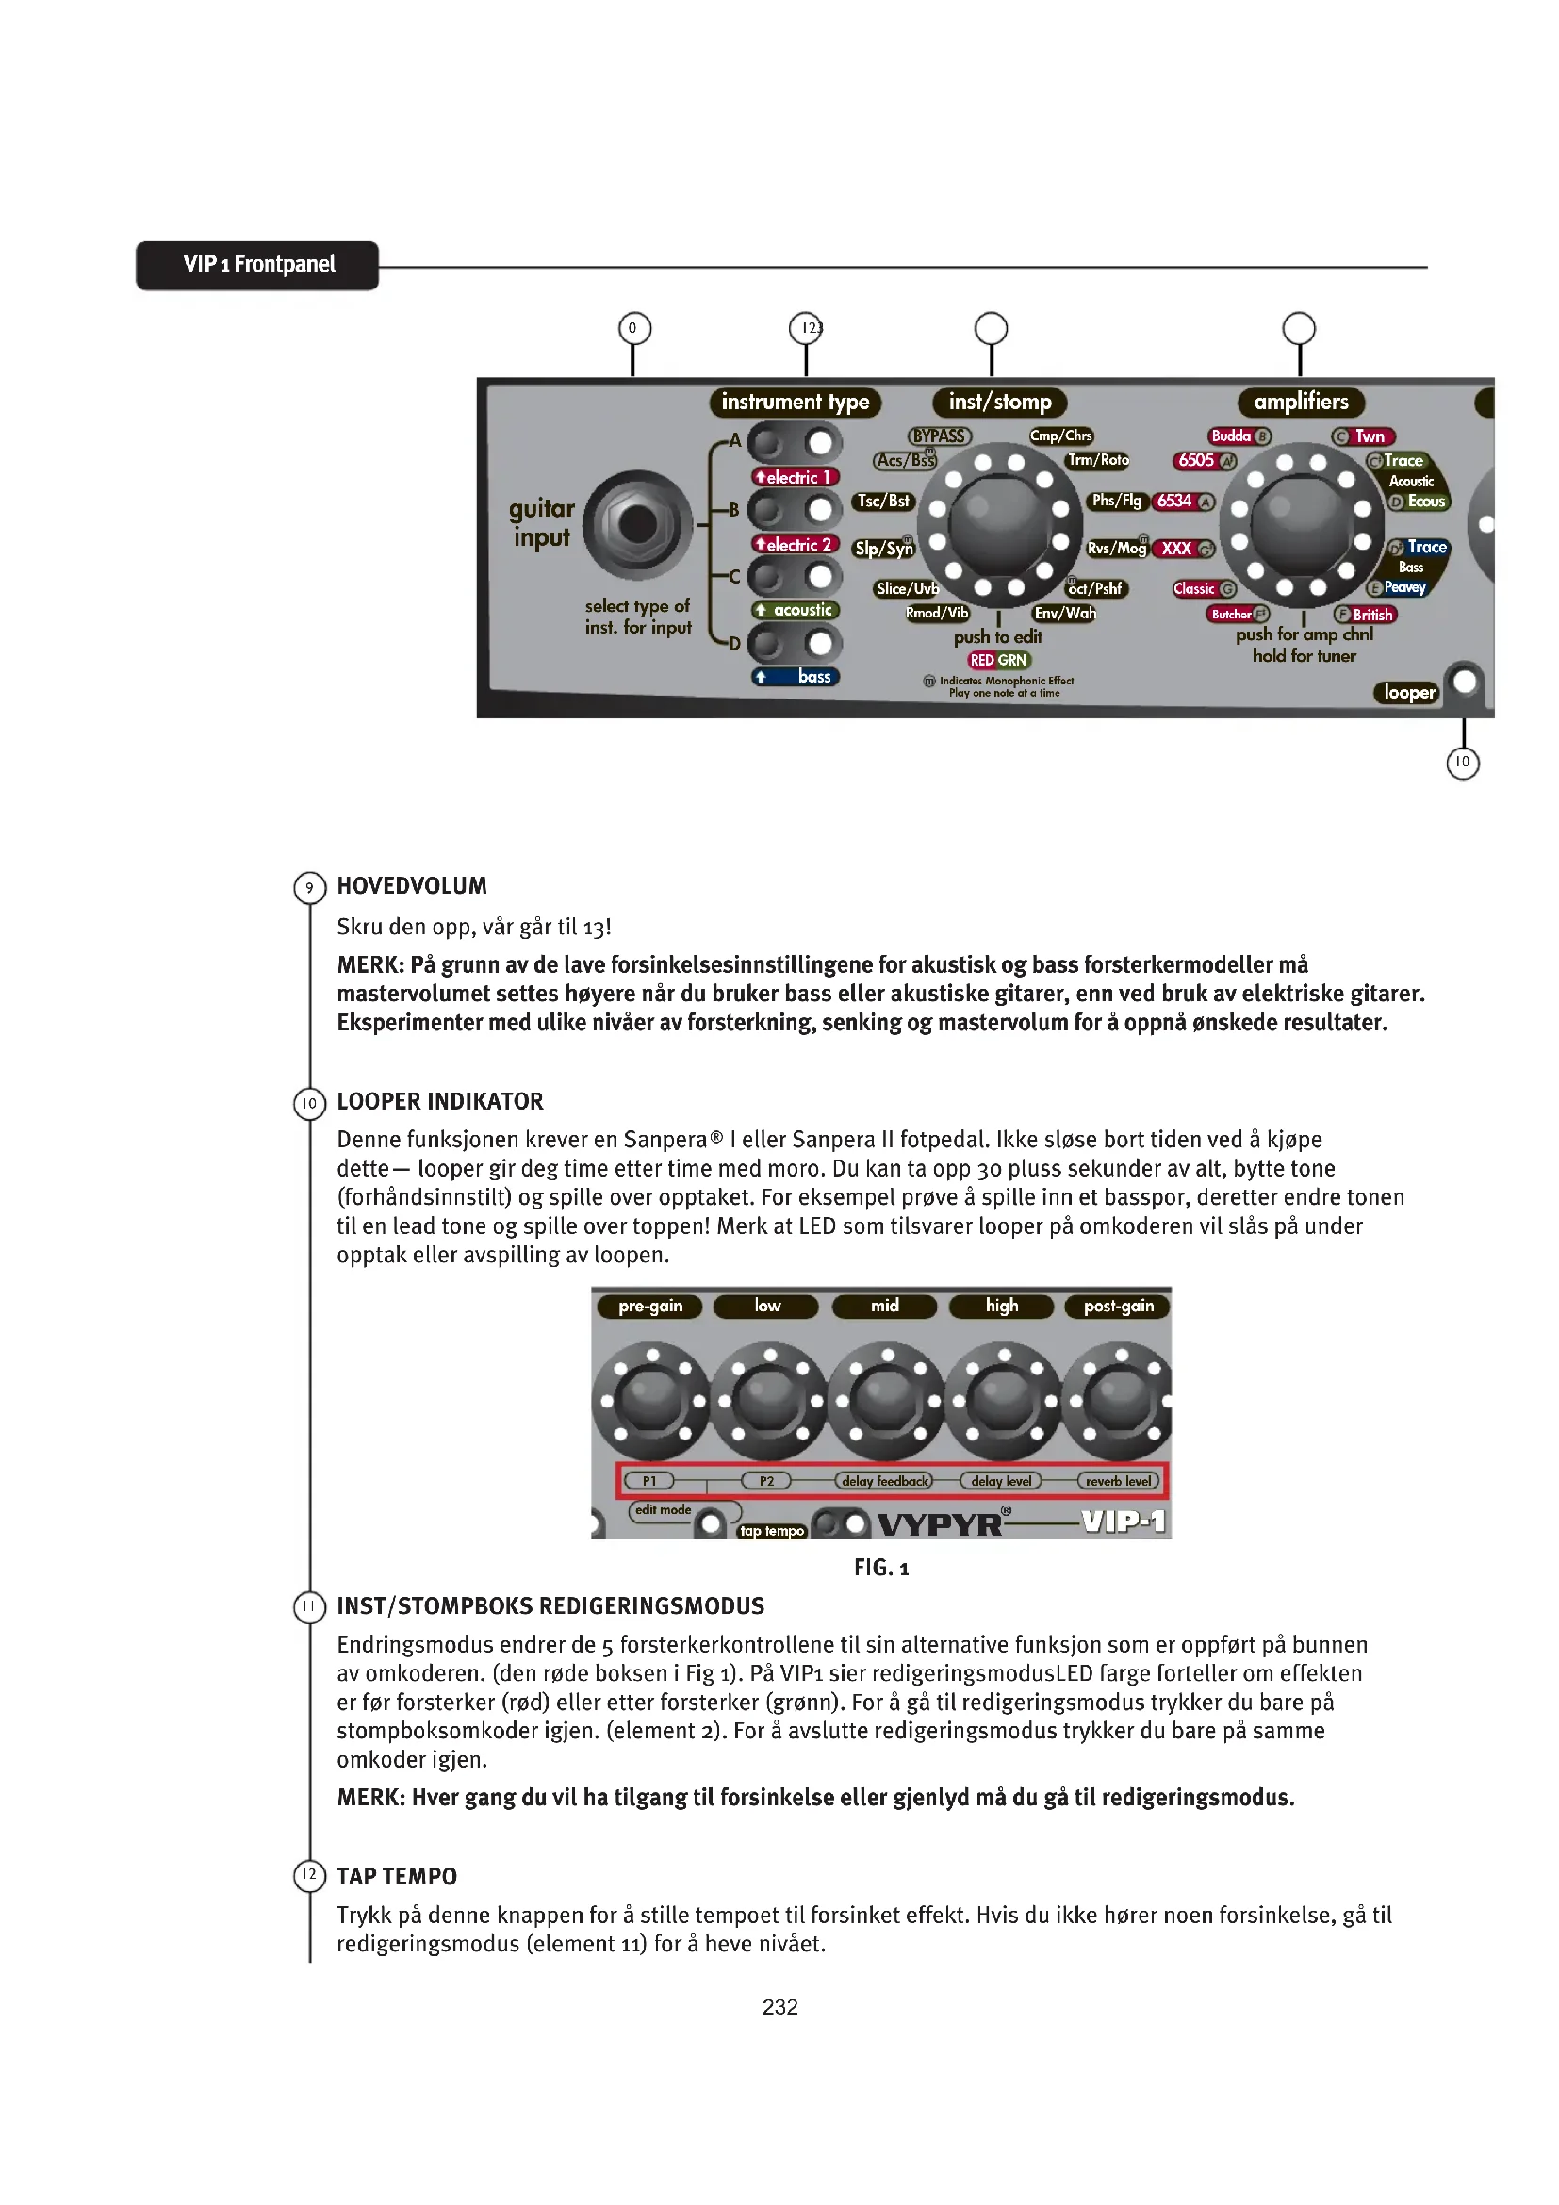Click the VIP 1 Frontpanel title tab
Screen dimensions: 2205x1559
tap(257, 265)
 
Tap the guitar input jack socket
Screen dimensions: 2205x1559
tap(637, 524)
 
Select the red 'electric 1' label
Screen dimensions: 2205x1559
tap(796, 477)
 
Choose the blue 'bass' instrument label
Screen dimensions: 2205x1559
tap(796, 677)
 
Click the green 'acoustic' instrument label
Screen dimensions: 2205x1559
tap(796, 611)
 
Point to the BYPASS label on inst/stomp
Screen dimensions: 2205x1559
tap(939, 436)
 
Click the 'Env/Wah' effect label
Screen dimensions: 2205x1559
tap(1064, 614)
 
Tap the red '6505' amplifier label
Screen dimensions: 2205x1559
tap(1197, 461)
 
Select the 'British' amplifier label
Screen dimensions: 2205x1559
tap(1371, 616)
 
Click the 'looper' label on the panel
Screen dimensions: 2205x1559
tap(1409, 693)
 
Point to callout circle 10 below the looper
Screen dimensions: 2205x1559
tap(1462, 763)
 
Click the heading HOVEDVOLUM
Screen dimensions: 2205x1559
tap(412, 886)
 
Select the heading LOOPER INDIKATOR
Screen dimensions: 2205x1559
tap(439, 1101)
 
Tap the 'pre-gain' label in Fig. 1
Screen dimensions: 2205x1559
tap(650, 1306)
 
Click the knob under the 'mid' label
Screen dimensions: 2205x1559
tap(885, 1401)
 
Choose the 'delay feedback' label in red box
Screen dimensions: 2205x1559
tap(884, 1481)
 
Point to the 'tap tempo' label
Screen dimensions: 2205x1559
tap(771, 1531)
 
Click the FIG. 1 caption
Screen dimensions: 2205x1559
tap(881, 1569)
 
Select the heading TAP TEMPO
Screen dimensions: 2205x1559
tap(397, 1877)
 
